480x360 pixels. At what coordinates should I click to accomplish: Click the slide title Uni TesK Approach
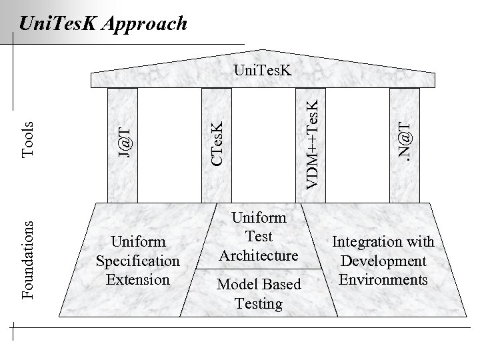tap(103, 24)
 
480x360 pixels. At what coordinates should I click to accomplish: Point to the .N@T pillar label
tap(405, 138)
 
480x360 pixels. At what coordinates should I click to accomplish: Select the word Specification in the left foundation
tap(138, 261)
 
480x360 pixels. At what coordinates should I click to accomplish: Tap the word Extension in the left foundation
tap(138, 279)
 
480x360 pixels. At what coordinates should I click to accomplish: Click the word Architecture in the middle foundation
tap(259, 255)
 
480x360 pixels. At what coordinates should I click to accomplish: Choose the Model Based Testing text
tap(259, 294)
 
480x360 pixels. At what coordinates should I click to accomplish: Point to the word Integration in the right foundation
tap(383, 241)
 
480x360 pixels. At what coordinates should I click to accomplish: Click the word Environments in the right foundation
tap(383, 279)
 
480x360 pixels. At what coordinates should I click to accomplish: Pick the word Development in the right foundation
tap(383, 261)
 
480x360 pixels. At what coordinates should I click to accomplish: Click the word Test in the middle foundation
tap(259, 236)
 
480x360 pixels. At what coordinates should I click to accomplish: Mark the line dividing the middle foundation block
tap(259, 269)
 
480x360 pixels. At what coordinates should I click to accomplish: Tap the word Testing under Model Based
tap(259, 304)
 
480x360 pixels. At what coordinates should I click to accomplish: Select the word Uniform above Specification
tap(138, 241)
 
